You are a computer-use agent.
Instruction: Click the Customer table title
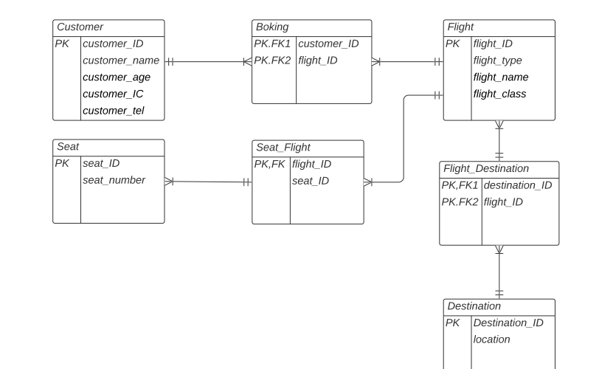click(80, 27)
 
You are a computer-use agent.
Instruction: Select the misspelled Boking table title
click(272, 27)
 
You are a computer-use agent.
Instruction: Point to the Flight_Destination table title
click(485, 169)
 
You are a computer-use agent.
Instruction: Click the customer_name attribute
click(121, 61)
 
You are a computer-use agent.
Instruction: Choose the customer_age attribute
click(117, 77)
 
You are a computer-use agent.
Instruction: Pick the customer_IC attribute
click(113, 94)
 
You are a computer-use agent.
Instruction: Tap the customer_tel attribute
click(114, 111)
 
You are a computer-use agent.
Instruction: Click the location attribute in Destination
click(491, 339)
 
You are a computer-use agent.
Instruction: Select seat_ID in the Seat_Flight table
click(311, 181)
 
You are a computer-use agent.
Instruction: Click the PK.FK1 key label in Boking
click(274, 44)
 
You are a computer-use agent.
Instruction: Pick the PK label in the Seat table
click(62, 164)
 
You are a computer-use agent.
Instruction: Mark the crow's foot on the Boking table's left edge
click(247, 61)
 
